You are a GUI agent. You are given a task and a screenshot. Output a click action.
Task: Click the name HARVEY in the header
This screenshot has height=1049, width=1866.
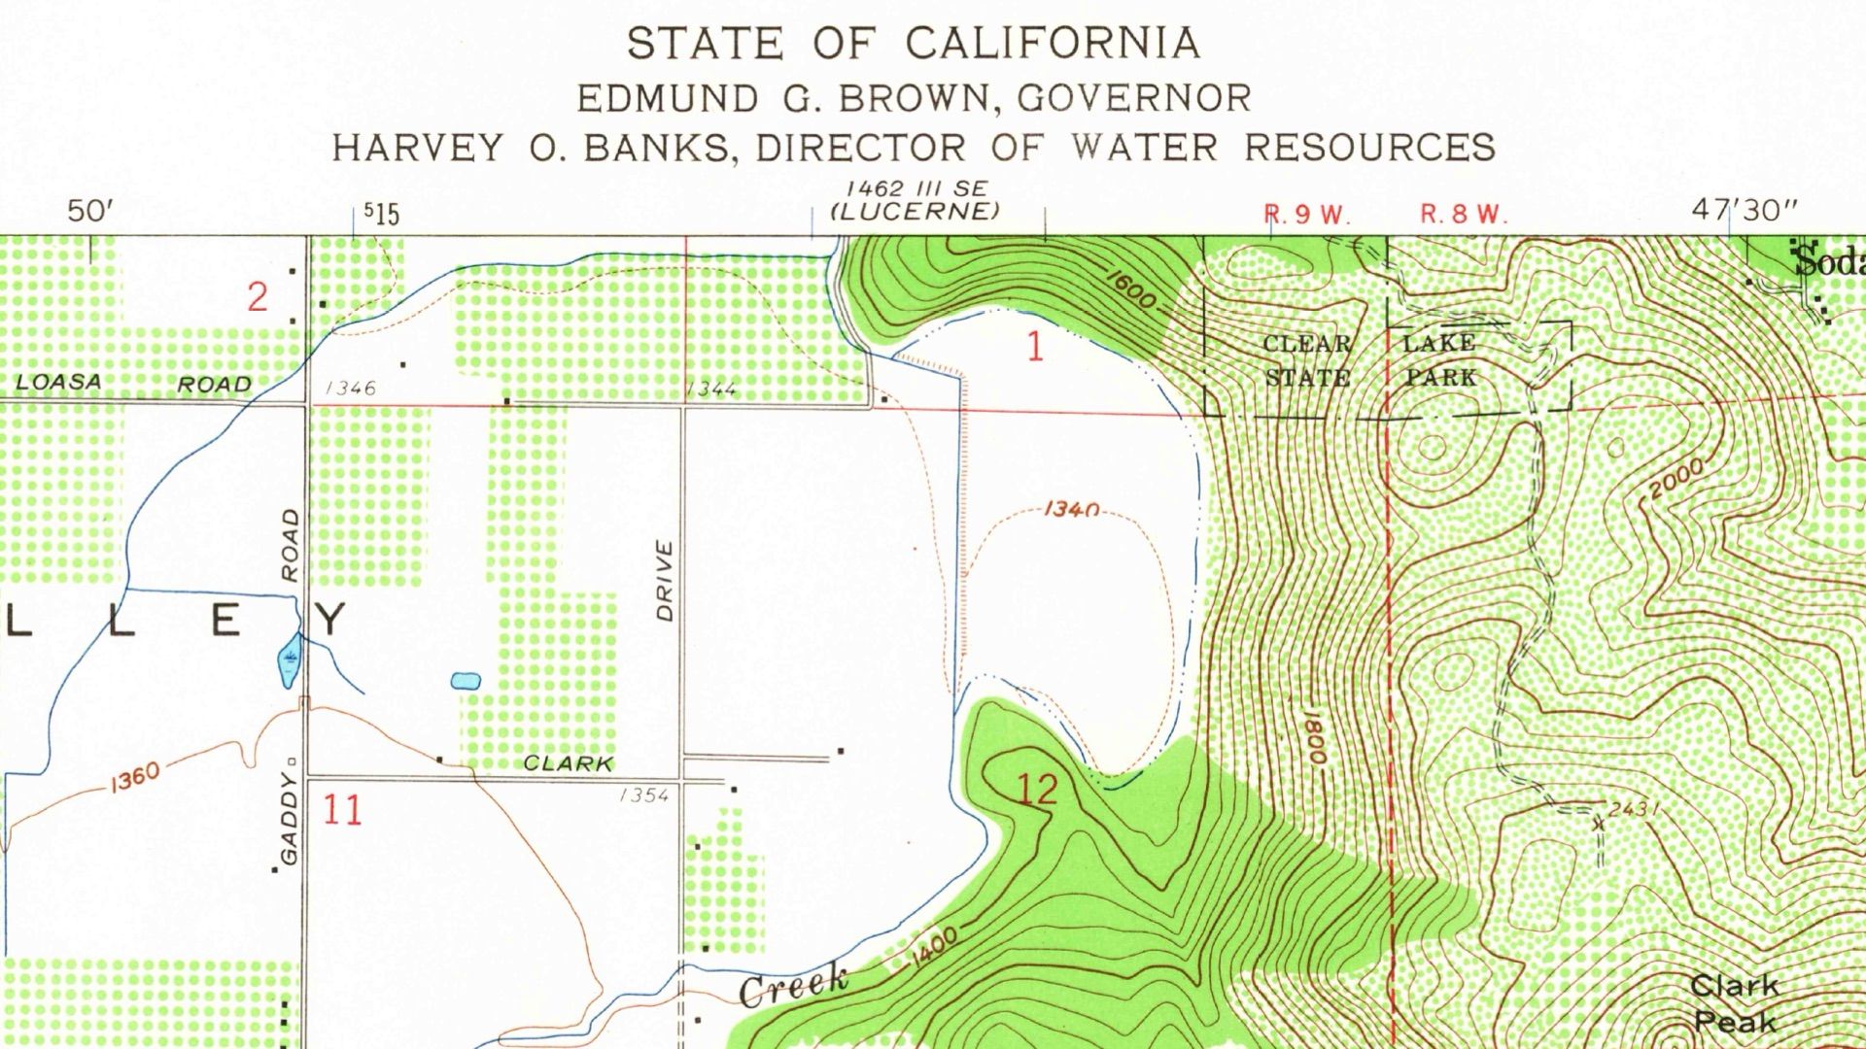(x=418, y=148)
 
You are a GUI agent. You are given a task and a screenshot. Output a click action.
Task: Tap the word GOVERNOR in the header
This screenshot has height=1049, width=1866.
(x=1134, y=98)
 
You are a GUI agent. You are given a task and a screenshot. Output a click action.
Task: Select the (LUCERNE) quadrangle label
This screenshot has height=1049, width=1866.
(x=915, y=212)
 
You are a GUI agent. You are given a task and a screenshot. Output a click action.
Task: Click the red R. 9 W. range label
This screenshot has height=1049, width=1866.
(x=1306, y=215)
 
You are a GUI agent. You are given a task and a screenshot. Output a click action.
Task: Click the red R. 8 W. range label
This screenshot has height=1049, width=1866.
(x=1463, y=215)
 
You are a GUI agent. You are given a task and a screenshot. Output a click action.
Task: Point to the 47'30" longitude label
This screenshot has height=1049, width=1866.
(x=1745, y=210)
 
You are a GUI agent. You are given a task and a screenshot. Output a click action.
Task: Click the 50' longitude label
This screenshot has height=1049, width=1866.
(x=90, y=211)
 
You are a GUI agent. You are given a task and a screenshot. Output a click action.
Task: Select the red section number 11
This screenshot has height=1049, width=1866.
(x=342, y=809)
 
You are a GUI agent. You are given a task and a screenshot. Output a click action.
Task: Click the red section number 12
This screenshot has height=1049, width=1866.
(x=1036, y=789)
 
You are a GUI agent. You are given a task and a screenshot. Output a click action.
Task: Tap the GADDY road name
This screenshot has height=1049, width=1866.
(x=290, y=818)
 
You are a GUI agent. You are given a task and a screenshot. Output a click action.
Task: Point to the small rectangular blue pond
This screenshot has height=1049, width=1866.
(x=466, y=681)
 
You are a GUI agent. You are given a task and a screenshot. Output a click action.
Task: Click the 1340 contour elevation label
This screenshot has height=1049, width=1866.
(x=1071, y=509)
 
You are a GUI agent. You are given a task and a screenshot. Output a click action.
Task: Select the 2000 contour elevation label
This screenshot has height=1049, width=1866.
(x=1677, y=479)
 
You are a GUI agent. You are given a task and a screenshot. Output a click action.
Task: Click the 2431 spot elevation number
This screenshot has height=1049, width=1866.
(x=1632, y=809)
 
